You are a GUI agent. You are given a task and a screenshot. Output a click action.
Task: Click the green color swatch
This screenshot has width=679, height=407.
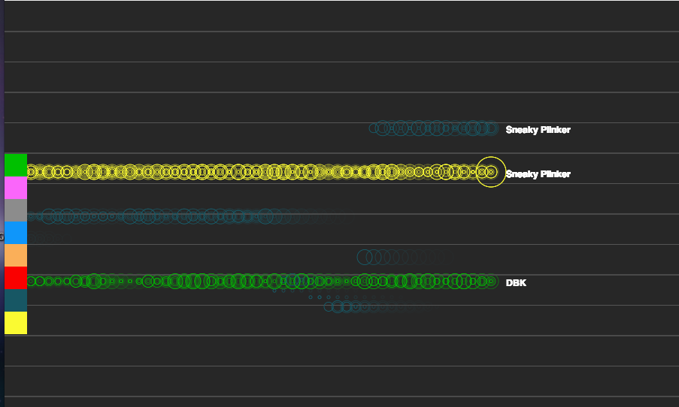[16, 165]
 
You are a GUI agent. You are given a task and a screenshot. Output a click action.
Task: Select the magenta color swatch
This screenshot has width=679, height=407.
[16, 188]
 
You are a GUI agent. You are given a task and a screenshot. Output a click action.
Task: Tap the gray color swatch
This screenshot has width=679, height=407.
[16, 210]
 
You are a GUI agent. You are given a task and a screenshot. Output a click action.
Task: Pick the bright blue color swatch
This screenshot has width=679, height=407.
[16, 233]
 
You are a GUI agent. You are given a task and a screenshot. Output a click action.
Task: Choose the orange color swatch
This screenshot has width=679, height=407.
[16, 255]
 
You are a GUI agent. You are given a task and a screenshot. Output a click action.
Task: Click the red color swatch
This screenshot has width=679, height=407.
[16, 278]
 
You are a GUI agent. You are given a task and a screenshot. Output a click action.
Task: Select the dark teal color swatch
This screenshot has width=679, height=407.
[16, 300]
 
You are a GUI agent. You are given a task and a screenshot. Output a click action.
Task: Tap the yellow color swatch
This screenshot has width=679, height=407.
[16, 323]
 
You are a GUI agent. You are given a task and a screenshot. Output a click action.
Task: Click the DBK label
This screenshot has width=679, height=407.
[516, 283]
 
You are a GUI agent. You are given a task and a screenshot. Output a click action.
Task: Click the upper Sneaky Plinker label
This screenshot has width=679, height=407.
[538, 130]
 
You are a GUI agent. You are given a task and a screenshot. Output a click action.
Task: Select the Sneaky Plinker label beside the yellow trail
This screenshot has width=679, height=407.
[538, 174]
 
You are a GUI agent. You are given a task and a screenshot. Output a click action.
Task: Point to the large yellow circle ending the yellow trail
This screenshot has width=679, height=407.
[490, 172]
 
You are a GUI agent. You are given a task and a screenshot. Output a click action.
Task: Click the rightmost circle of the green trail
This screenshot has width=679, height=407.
[491, 282]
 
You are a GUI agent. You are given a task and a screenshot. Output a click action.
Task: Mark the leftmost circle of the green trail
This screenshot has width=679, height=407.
[31, 282]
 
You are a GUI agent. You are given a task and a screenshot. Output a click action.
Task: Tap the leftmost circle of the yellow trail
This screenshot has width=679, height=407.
[31, 172]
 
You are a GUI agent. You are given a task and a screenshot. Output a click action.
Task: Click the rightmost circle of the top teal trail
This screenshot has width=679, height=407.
[491, 128]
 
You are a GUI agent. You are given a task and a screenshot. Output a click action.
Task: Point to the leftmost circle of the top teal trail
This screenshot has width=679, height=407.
[374, 128]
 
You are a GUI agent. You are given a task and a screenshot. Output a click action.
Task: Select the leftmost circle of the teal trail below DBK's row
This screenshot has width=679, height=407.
[329, 307]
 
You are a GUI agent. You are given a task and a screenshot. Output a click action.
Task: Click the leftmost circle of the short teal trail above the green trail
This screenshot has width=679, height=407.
[364, 257]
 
